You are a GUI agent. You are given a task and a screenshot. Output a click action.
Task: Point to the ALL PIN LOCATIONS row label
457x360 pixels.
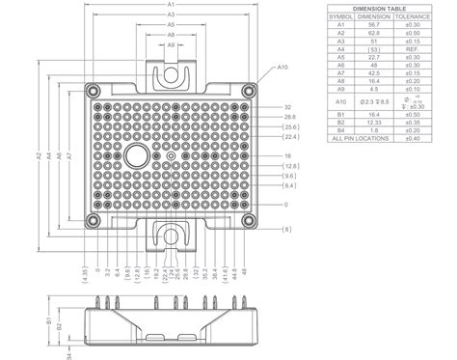pyautogui.click(x=363, y=139)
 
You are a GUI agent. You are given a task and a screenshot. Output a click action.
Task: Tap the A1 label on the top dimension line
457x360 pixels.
pyautogui.click(x=170, y=7)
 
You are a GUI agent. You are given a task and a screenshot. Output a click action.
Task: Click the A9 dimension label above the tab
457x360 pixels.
pyautogui.click(x=170, y=45)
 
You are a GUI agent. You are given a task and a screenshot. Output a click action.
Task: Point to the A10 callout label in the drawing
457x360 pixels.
pyautogui.click(x=282, y=69)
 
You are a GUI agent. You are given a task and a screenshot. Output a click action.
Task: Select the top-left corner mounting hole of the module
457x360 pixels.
pyautogui.click(x=90, y=91)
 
